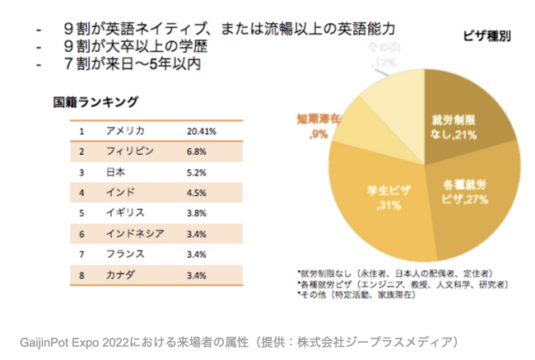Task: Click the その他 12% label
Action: (x=384, y=59)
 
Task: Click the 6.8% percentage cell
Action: (x=197, y=152)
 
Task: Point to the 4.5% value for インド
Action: (x=197, y=193)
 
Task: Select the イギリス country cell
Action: (x=124, y=213)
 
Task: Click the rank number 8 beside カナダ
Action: (x=82, y=274)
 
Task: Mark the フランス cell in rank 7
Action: (x=124, y=254)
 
